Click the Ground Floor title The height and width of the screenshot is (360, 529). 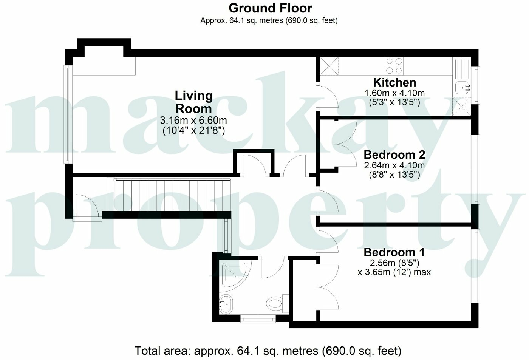point(270,8)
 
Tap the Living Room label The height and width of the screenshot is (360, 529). point(193,102)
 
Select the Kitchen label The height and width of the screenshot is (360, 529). point(394,82)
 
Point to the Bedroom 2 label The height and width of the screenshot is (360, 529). point(394,155)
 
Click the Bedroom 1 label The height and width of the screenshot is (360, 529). point(394,252)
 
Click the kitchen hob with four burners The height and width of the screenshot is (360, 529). point(394,66)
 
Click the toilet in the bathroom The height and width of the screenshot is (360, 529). point(275,303)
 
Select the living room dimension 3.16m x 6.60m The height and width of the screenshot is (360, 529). point(193,121)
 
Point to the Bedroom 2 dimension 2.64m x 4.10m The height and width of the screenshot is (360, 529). point(394,165)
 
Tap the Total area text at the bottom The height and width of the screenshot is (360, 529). point(268,351)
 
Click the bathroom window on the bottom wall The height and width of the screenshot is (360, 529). point(258,320)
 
